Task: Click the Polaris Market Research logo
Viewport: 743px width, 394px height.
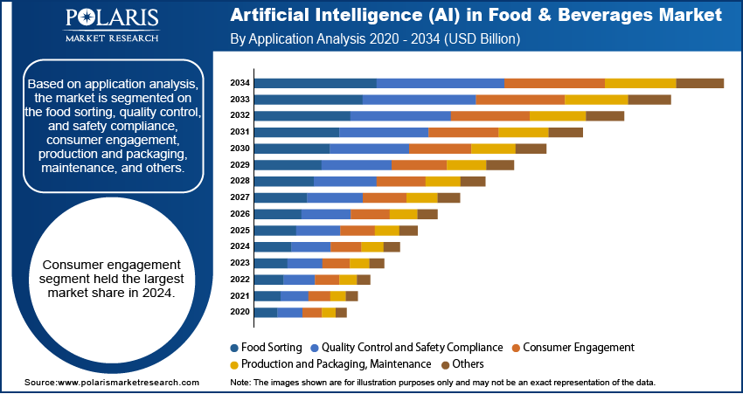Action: [110, 25]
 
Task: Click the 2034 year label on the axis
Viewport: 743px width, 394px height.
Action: [240, 83]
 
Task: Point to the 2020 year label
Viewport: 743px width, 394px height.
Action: [240, 312]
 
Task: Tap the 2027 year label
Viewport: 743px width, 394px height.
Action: [240, 197]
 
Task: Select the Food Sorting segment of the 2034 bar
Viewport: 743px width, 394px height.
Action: [315, 83]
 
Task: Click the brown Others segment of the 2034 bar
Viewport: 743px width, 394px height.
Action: [699, 83]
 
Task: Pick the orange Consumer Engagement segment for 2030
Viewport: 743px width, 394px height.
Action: [440, 149]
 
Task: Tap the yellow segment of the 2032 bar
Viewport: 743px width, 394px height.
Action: [557, 115]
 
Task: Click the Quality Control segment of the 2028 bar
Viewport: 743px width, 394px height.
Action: [344, 181]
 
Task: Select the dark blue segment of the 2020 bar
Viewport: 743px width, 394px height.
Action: [265, 312]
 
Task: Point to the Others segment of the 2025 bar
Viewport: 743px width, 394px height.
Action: [408, 231]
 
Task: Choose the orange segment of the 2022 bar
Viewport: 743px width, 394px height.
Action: [326, 280]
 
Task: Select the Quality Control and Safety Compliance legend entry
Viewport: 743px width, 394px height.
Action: [413, 347]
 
